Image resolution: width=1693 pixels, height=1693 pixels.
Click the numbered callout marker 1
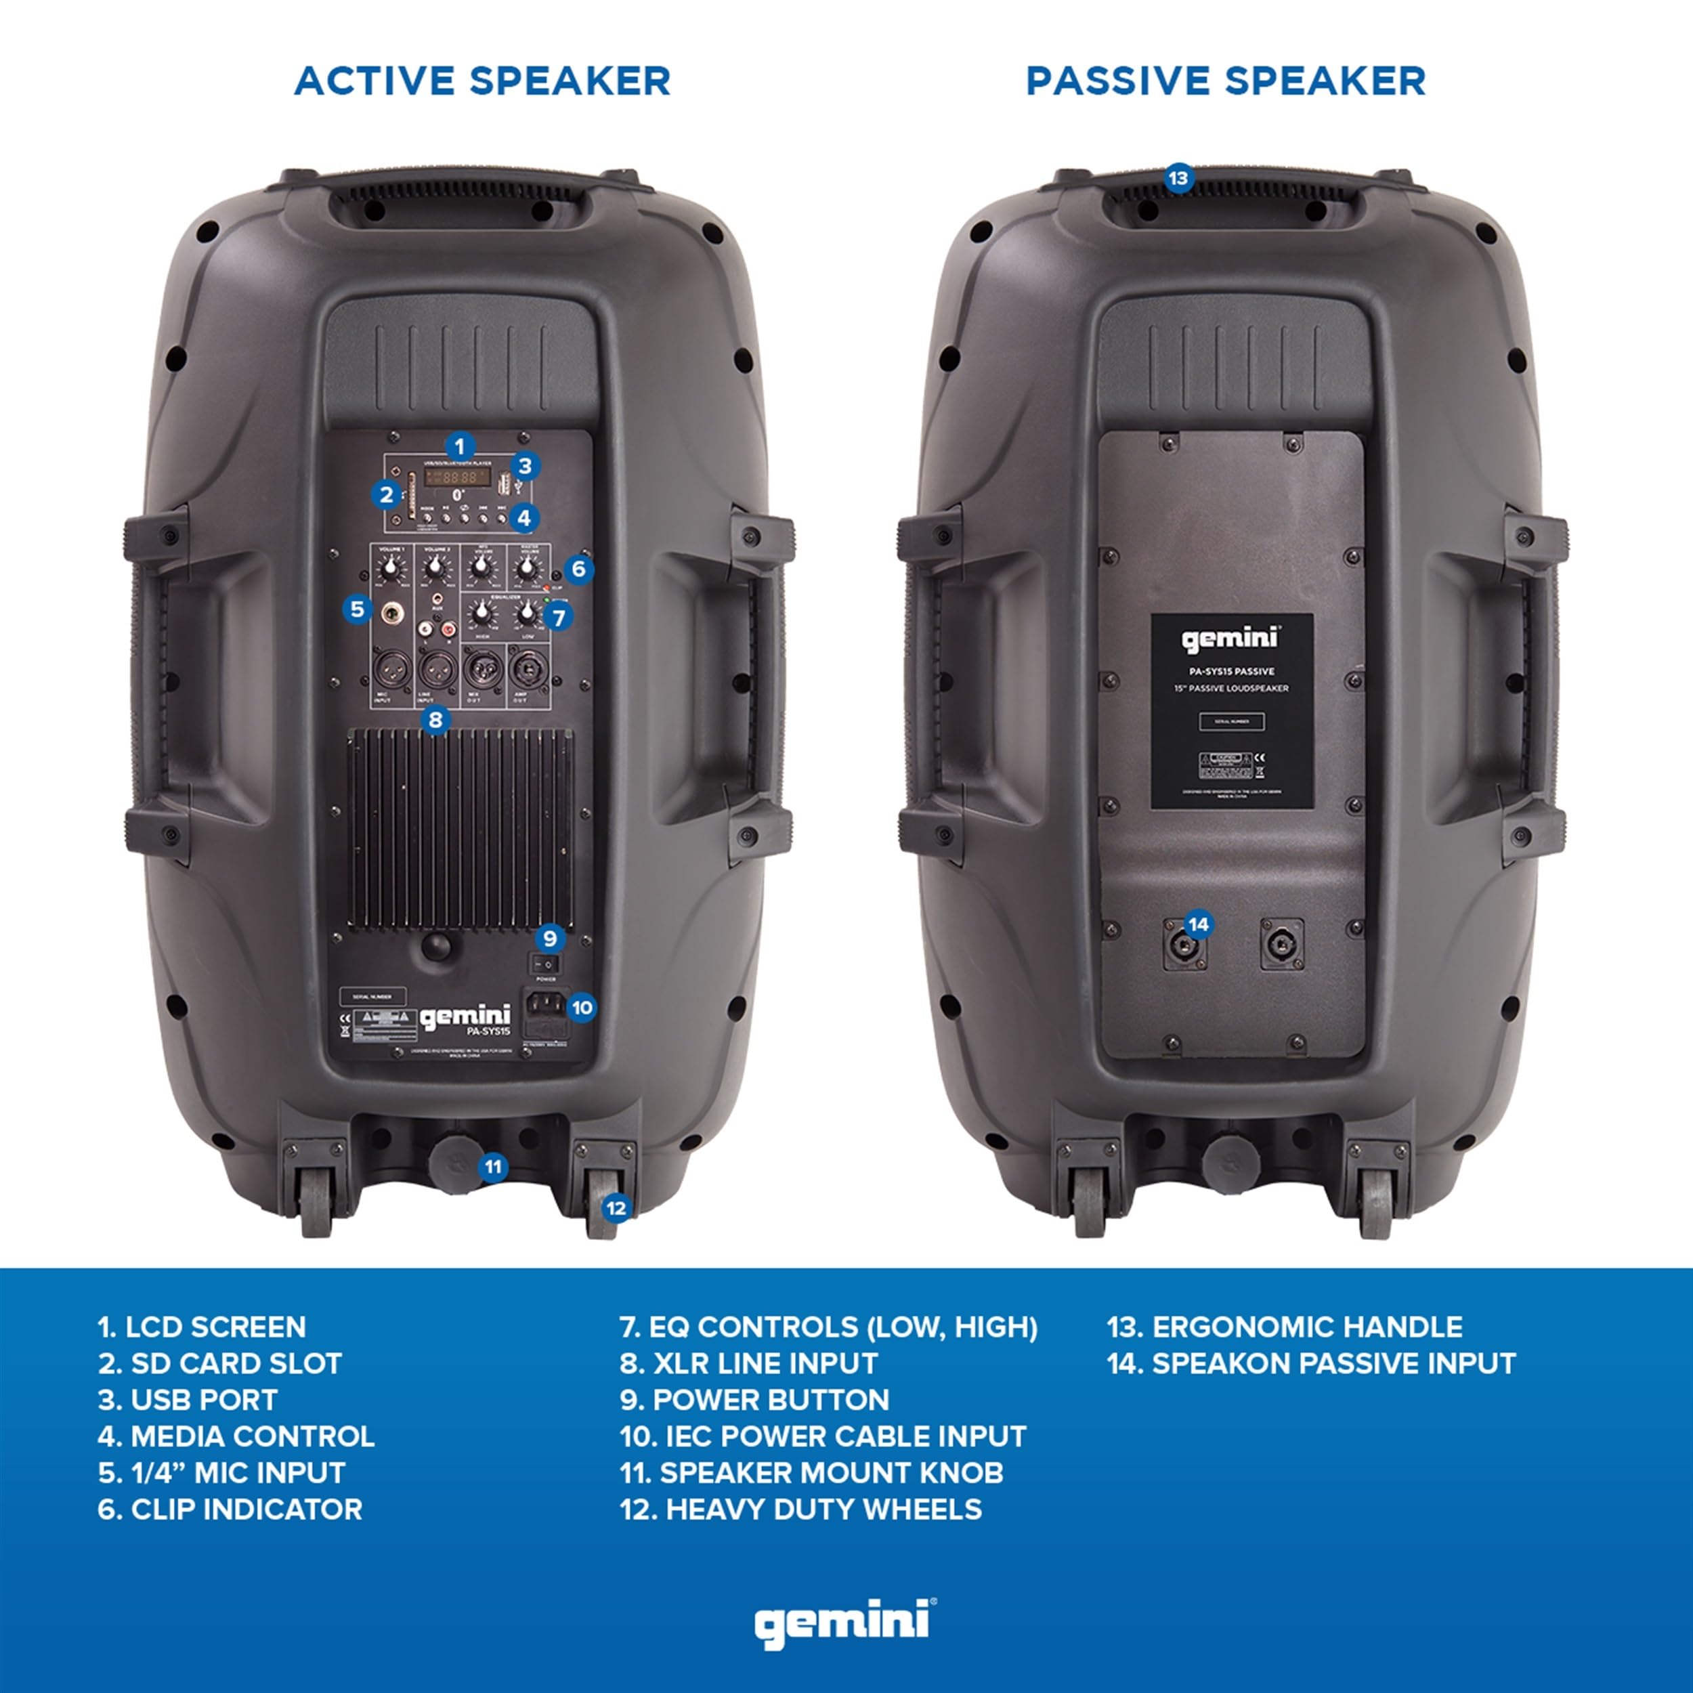[459, 447]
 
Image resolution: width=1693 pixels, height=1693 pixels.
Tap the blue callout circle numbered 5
[357, 609]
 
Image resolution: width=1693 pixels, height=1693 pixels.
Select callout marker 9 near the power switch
[549, 939]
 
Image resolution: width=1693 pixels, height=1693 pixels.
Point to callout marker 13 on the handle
[1178, 179]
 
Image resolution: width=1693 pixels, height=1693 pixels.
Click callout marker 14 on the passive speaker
[1198, 924]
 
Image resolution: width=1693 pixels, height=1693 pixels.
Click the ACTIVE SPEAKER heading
[482, 81]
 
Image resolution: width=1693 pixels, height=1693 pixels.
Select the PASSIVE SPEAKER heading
[1225, 81]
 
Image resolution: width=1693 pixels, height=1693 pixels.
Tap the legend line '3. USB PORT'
[188, 1400]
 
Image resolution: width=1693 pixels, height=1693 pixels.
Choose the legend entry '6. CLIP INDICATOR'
[230, 1509]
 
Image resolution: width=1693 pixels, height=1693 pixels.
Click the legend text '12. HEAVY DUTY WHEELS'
[801, 1509]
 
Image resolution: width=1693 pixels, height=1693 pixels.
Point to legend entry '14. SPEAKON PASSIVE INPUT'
[1311, 1363]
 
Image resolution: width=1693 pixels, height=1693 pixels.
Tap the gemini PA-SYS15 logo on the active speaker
[465, 1019]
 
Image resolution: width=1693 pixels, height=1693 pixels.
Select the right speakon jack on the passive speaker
[1281, 944]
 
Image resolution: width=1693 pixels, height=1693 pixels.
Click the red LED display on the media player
[456, 477]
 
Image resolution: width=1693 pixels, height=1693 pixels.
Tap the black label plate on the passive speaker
[1231, 710]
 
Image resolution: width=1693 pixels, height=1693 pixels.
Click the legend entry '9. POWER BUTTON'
[754, 1400]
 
